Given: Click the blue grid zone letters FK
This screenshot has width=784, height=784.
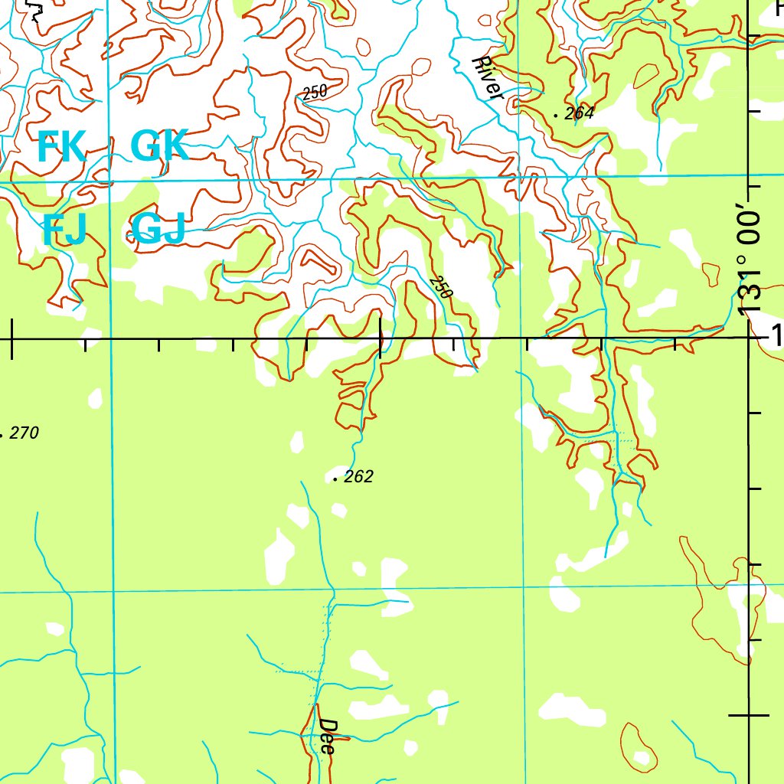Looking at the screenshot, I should [61, 147].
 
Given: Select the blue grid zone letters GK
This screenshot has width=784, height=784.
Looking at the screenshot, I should [159, 146].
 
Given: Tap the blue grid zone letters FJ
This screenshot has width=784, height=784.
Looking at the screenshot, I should [64, 230].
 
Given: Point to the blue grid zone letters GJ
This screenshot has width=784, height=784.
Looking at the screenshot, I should [158, 229].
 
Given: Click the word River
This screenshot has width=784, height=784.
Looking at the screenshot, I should [488, 77].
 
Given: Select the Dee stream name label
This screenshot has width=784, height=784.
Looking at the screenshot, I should [328, 737].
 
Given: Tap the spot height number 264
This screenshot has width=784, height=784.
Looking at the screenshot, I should [580, 114].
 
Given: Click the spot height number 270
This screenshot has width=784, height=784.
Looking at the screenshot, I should [24, 433].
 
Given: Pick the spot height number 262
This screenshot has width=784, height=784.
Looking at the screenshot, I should [358, 477].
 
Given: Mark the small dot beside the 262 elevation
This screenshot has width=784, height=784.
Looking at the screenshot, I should [336, 479].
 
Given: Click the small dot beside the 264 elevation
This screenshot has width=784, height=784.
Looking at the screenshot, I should [556, 115].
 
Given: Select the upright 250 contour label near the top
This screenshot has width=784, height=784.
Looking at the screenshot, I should [314, 93].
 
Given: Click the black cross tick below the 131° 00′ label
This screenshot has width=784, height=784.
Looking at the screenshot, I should [749, 716].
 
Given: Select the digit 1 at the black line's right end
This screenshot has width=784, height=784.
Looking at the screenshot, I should [777, 335].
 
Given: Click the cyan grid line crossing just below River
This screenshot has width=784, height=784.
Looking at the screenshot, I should [520, 178].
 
